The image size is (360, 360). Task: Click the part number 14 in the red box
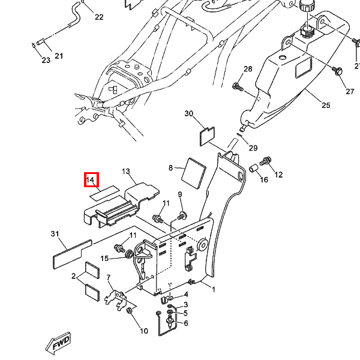91,180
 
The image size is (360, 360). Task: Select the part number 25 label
326,106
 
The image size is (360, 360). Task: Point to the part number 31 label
55,234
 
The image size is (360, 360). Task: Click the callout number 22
98,17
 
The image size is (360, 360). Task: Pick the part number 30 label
189,114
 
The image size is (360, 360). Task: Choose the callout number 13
126,172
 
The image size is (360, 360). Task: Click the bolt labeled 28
238,88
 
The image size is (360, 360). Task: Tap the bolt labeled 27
338,71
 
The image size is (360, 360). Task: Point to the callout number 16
264,180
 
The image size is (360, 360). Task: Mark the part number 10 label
144,331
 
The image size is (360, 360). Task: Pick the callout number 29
253,148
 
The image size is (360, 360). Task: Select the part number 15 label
104,259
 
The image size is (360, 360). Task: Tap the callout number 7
109,277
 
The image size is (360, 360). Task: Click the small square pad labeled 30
207,134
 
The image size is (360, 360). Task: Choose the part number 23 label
46,60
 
